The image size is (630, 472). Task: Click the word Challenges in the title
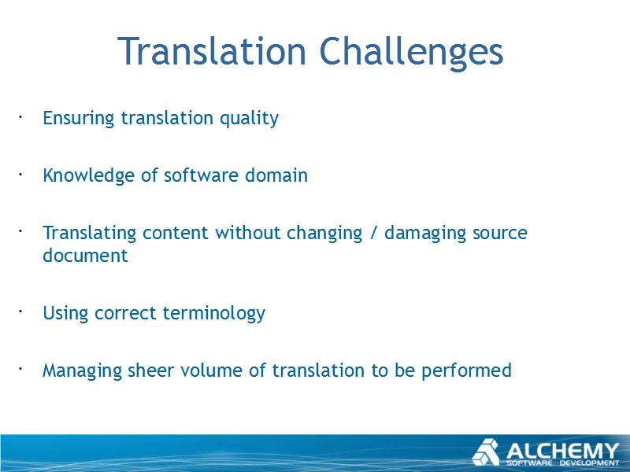[x=411, y=52]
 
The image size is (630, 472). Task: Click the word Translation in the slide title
[x=212, y=51]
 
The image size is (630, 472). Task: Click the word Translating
[x=90, y=234]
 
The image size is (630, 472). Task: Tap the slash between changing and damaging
[x=373, y=234]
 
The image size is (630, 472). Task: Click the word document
[x=85, y=256]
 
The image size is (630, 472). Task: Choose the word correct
[x=125, y=313]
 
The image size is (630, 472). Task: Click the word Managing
[x=82, y=371]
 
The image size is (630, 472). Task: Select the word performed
[x=466, y=371]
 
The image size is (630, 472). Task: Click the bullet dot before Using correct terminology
[x=20, y=311]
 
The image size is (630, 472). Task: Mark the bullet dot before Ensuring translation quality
[x=20, y=116]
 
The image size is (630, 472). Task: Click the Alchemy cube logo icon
[x=486, y=452]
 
